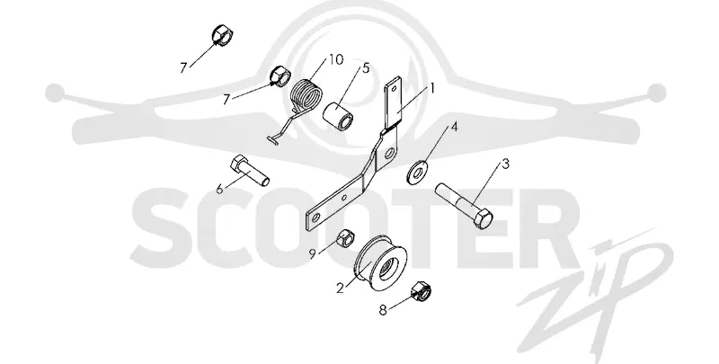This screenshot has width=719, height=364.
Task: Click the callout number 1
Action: pos(431,86)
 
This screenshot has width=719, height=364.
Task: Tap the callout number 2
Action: pos(340,288)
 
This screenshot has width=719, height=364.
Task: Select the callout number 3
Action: pos(505,164)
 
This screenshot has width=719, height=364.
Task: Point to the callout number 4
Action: pos(454,127)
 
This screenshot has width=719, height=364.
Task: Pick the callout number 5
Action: pos(366,68)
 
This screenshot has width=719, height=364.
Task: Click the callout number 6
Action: pos(219,188)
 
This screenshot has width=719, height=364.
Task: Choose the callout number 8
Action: pos(383,310)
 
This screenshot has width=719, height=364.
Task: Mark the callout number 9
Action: pos(312,254)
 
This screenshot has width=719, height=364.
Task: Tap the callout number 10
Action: pos(335,59)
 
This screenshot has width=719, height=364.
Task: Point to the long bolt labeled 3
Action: pos(464,206)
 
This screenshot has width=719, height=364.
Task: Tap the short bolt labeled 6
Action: pos(249,171)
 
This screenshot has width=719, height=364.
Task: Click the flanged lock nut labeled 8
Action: pos(422,290)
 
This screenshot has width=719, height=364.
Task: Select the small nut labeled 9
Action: pos(344,237)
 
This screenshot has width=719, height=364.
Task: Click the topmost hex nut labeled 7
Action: pos(223,35)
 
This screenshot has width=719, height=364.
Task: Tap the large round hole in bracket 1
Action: pos(390,152)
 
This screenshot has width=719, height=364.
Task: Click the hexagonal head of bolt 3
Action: pos(483,218)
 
